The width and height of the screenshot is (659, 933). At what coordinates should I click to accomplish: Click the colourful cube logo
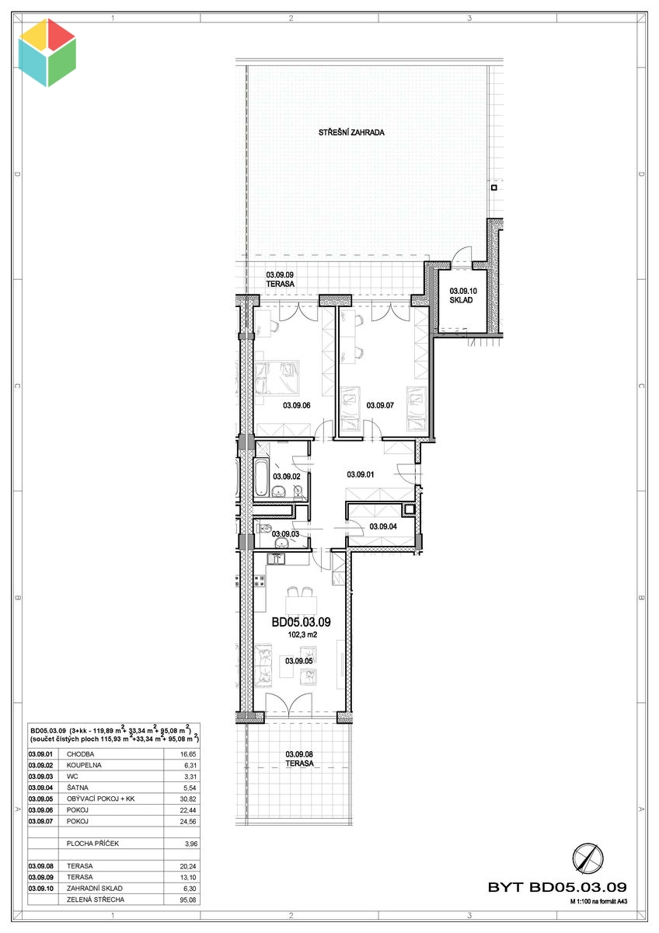[47, 53]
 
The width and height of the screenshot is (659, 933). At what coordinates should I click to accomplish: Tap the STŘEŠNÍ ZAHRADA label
[351, 132]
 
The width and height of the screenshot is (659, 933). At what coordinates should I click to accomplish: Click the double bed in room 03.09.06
[277, 378]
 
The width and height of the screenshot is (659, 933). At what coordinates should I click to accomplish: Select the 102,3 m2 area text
[302, 634]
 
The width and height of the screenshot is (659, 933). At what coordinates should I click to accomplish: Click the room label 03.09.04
[383, 526]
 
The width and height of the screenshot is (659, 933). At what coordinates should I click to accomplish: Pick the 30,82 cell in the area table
[188, 799]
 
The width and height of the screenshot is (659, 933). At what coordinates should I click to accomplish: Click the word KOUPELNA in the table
[84, 765]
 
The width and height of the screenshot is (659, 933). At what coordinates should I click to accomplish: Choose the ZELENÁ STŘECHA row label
[96, 900]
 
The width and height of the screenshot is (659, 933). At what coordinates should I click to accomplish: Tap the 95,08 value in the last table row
[188, 900]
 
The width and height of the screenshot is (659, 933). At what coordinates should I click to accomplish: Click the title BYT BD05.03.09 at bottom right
[557, 887]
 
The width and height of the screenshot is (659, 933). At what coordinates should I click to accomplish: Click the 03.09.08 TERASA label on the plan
[299, 759]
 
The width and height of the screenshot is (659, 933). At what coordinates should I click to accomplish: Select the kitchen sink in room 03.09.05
[275, 558]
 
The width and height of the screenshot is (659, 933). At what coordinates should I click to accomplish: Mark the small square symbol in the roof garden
[493, 188]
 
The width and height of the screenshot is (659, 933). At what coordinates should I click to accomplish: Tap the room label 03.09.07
[380, 405]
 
